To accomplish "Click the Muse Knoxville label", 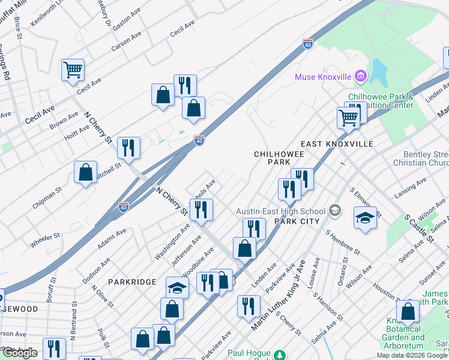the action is pos(324,76).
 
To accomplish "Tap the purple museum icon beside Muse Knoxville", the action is pos(360,76).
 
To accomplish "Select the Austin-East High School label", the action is pos(280,211).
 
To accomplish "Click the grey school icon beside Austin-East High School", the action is pos(334,211).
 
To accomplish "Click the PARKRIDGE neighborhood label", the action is pos(132,281).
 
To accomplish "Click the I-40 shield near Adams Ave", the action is pos(124,207).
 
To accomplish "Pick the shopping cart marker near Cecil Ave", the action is pos(73,70).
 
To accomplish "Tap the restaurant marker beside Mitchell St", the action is pos(128,147).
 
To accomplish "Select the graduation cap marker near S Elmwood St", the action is pos(365,217).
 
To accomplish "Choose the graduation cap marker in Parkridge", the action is pos(177,289).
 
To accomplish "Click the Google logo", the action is pos(20,353).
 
